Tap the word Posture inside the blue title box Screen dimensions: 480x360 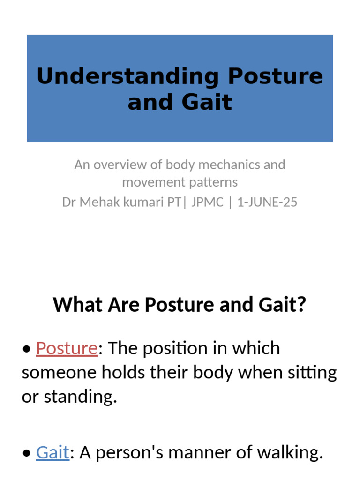click(x=276, y=76)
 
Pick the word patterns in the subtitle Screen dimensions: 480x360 click(x=213, y=182)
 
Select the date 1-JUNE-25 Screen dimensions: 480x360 click(x=267, y=202)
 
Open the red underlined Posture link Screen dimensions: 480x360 click(x=67, y=348)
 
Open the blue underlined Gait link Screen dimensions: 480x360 click(x=52, y=452)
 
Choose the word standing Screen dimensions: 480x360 click(x=80, y=397)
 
